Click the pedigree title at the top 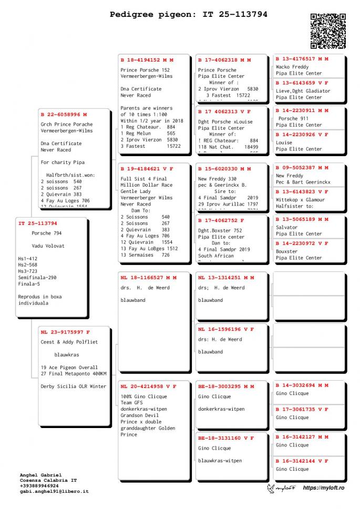coord(188,14)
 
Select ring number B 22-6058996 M coord(64,114)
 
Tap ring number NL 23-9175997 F coord(65,332)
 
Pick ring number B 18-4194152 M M coord(147,60)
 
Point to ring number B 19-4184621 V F coord(147,169)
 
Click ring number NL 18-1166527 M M coord(148,277)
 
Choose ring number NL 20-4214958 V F coord(148,386)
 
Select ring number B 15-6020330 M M coord(224,169)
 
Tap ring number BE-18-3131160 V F coord(226,437)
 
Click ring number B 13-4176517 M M coord(302,59)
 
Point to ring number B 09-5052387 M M coord(302,168)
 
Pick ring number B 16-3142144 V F coord(302,461)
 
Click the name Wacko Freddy coord(292,67)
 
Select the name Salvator coord(286,227)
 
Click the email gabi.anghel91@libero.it coord(54,491)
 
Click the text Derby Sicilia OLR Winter coord(73,386)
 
